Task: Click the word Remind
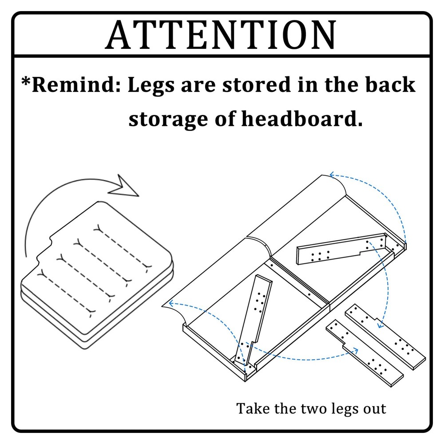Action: click(x=76, y=84)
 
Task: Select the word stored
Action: click(x=257, y=84)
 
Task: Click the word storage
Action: click(x=168, y=119)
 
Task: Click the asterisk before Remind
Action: click(x=26, y=82)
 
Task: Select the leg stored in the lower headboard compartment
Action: click(x=253, y=320)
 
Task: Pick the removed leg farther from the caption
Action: click(x=385, y=337)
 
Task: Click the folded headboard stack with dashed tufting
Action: click(x=97, y=275)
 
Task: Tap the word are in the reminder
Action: click(x=198, y=86)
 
